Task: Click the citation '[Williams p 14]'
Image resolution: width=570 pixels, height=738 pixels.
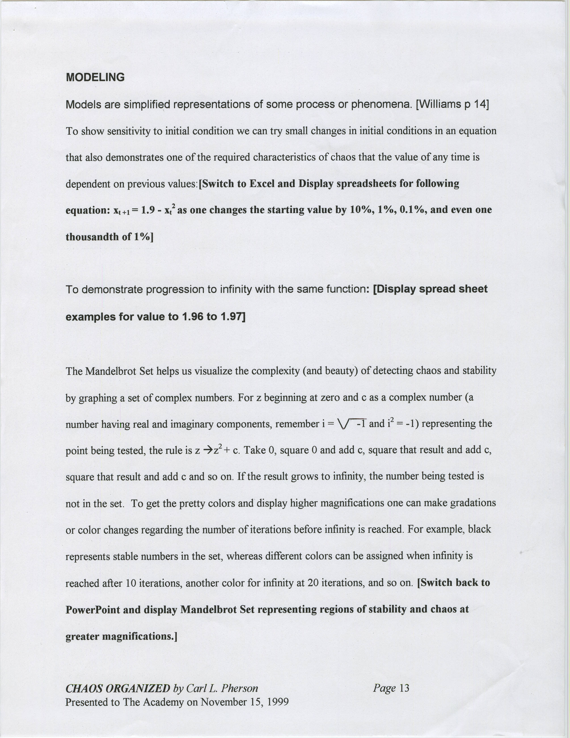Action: click(452, 104)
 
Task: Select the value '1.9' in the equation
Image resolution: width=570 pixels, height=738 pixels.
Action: click(147, 210)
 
